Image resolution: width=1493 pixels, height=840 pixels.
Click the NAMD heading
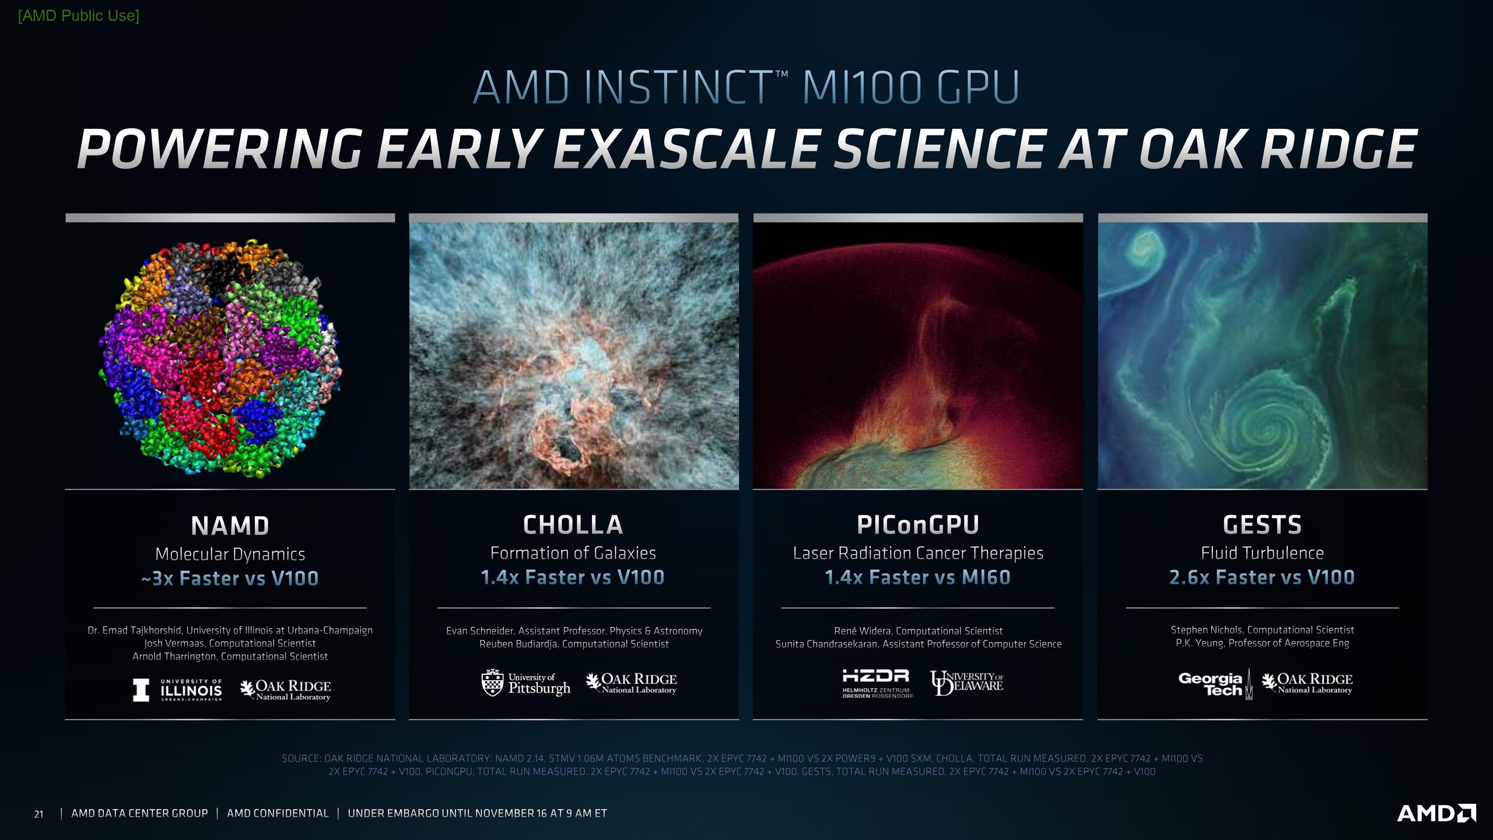[x=230, y=526]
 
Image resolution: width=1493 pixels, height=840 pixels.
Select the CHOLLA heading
[x=573, y=525]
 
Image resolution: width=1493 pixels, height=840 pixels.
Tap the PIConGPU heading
[x=918, y=525]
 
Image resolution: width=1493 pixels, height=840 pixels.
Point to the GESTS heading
[x=1262, y=525]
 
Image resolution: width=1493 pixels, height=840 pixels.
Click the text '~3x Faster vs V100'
[x=230, y=578]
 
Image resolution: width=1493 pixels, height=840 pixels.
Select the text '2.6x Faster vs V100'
[x=1262, y=577]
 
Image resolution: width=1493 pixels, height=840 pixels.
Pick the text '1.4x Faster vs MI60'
[x=918, y=577]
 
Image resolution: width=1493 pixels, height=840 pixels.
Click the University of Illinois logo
[x=177, y=689]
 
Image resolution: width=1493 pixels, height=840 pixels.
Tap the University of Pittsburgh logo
[x=526, y=683]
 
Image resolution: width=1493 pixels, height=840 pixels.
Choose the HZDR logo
[x=877, y=684]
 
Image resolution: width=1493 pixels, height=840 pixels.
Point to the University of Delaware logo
[x=967, y=682]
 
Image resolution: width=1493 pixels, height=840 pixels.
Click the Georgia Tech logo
[x=1215, y=684]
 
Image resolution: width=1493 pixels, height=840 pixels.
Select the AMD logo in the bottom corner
[x=1436, y=813]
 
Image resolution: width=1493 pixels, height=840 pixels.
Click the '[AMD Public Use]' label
[x=79, y=16]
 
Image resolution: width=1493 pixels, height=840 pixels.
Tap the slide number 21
[x=38, y=814]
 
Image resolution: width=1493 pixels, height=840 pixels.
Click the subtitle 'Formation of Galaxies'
[x=573, y=552]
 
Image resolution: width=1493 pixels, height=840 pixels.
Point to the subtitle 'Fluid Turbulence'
[x=1262, y=552]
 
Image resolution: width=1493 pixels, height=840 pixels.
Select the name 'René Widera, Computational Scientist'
[x=919, y=631]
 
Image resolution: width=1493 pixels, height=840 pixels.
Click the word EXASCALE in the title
[x=687, y=149]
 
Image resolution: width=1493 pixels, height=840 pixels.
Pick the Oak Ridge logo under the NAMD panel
[x=286, y=689]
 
